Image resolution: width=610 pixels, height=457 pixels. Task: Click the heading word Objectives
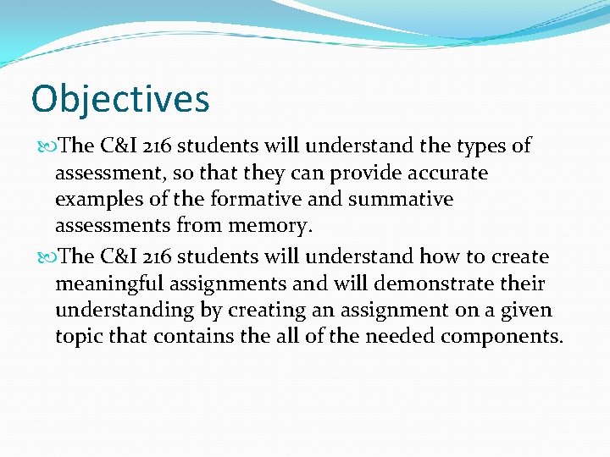tap(119, 99)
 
